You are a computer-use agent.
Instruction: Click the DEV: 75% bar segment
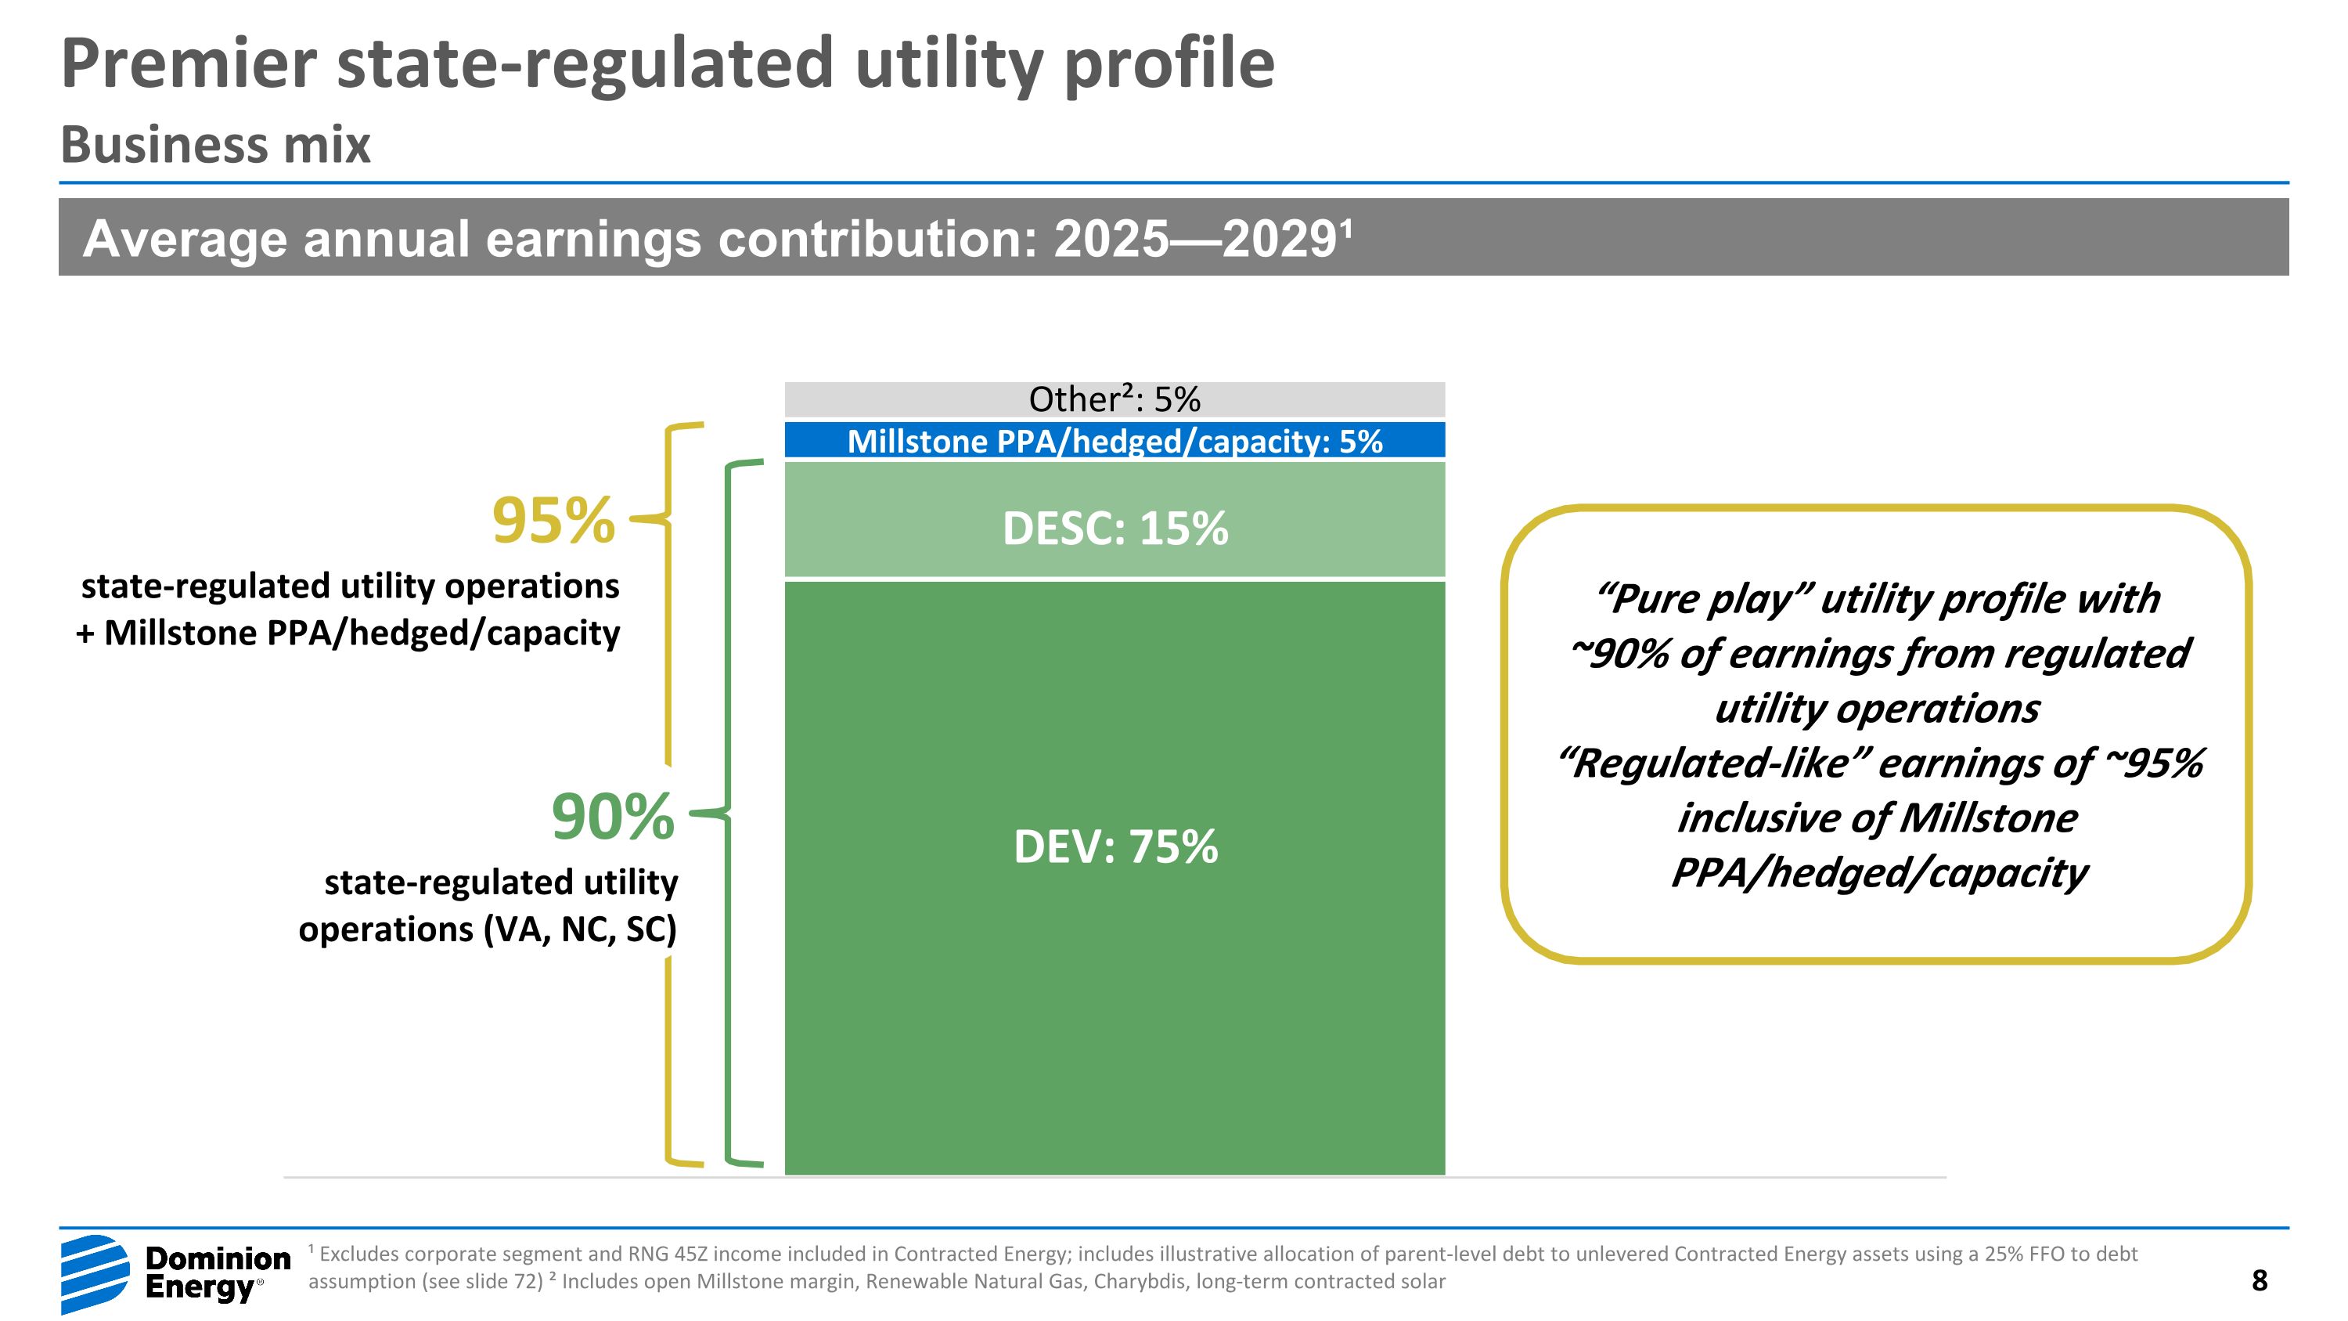(1115, 875)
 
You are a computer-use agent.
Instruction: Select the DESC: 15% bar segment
(1115, 521)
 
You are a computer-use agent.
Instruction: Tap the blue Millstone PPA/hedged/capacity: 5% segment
(1115, 440)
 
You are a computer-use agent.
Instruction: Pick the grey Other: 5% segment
(1115, 399)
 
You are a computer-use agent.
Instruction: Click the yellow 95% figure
(553, 521)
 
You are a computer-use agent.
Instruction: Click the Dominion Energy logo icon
(95, 1273)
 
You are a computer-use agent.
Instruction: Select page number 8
(2259, 1280)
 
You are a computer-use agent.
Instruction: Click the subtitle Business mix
(216, 145)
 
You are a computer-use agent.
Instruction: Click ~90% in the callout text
(1619, 654)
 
